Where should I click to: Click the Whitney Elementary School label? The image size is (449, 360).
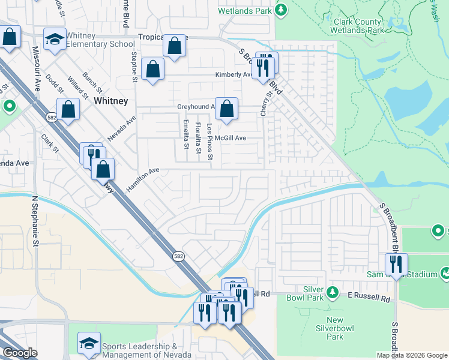(x=100, y=40)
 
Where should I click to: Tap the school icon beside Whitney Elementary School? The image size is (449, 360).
(x=55, y=39)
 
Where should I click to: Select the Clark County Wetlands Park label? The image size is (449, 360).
(x=358, y=26)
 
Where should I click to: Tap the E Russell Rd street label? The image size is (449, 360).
(x=369, y=298)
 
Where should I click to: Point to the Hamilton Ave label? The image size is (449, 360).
(x=143, y=179)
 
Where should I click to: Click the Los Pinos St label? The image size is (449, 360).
(x=209, y=142)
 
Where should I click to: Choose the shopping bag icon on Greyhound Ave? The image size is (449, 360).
(x=226, y=109)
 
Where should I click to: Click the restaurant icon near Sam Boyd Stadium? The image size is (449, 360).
(x=396, y=264)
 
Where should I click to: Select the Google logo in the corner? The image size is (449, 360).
(x=20, y=353)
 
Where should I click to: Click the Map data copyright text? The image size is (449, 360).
(x=412, y=355)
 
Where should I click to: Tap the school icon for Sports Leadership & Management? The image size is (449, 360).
(x=89, y=344)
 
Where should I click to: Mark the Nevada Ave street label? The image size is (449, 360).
(x=122, y=127)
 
